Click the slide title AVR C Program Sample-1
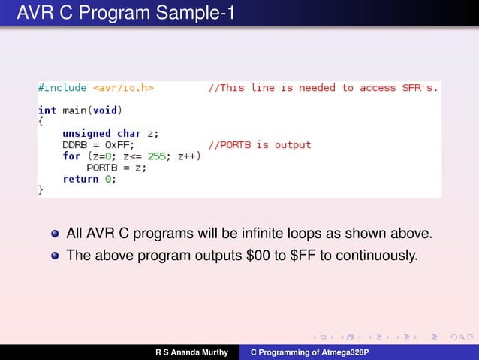click(125, 14)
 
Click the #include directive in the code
click(63, 88)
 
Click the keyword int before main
click(47, 110)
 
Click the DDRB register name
click(76, 145)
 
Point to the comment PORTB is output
click(259, 145)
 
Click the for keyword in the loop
click(71, 156)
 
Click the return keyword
click(81, 179)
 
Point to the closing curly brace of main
click(41, 191)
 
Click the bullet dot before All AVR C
click(55, 234)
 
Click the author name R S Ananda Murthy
click(191, 352)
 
